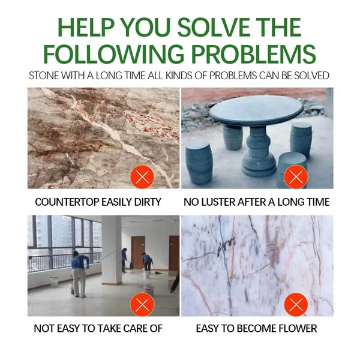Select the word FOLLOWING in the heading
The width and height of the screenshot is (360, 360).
coord(114,54)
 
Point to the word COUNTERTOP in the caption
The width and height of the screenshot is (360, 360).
coord(67,202)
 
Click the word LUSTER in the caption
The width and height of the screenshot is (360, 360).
coord(218,202)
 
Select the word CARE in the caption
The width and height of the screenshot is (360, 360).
coord(136,328)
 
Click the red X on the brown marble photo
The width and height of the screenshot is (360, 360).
coord(142,177)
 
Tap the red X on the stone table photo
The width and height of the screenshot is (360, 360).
coord(296,177)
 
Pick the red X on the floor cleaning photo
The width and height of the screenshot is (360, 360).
coord(142,304)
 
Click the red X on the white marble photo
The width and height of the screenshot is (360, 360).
coord(296,304)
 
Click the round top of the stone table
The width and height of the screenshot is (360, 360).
coord(256,110)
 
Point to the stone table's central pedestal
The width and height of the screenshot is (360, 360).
coord(259,152)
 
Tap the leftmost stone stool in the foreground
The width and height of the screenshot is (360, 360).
coord(199,163)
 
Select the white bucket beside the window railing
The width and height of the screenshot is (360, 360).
coord(55,281)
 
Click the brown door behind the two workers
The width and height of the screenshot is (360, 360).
coord(138,252)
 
